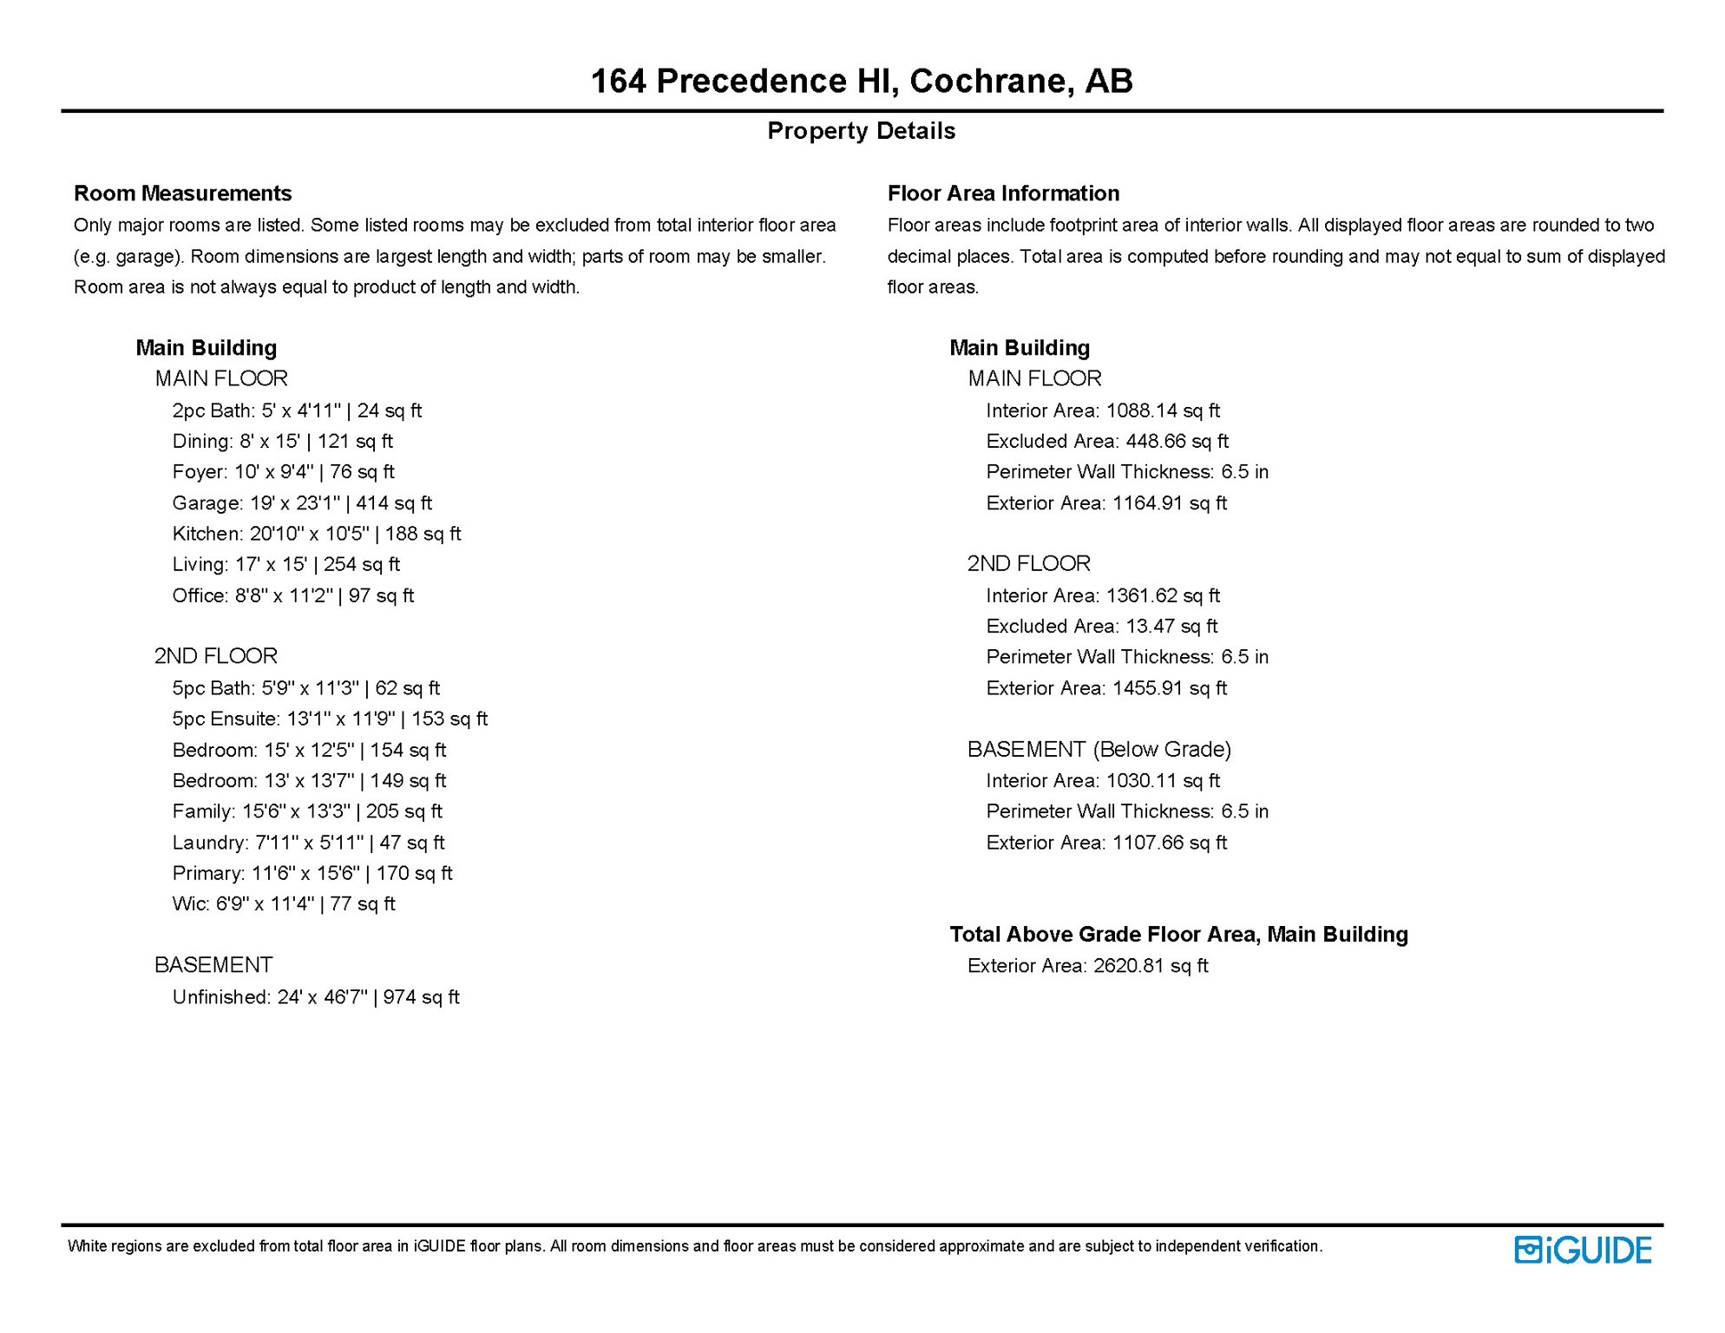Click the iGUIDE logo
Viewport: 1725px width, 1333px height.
(1582, 1250)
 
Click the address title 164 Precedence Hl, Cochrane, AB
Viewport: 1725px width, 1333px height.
(861, 81)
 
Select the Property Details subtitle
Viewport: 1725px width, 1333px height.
(861, 131)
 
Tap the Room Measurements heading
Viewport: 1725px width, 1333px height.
(182, 193)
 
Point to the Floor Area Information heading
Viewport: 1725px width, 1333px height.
(1003, 193)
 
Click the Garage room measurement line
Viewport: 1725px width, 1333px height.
(301, 503)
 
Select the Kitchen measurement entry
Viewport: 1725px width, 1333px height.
(316, 534)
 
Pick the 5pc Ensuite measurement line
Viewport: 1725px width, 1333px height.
(330, 719)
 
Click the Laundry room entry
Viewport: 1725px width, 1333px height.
(308, 843)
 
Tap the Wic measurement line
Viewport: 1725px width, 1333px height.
(283, 904)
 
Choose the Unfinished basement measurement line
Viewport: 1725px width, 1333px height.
(316, 997)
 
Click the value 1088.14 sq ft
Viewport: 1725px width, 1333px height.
(1163, 410)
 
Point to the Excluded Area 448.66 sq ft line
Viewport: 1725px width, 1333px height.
(1106, 442)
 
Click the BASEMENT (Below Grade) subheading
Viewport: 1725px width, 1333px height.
(1099, 749)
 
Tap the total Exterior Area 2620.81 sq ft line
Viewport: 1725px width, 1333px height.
(1087, 966)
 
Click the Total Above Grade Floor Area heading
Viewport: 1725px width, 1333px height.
(1178, 935)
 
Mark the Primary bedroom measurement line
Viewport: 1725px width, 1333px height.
(312, 873)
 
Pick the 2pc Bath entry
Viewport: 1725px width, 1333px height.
(297, 410)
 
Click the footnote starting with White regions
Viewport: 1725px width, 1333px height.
(694, 1246)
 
